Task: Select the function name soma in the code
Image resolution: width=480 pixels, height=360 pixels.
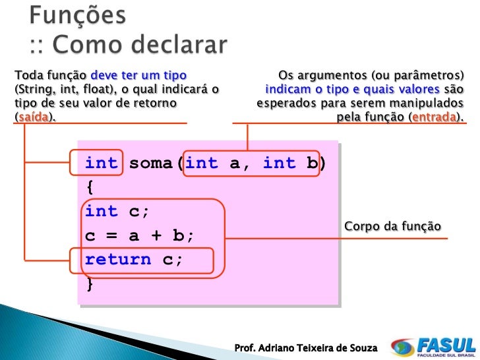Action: point(151,163)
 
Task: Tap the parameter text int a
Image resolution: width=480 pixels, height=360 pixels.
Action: point(215,163)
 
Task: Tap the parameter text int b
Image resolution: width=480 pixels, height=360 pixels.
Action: point(289,163)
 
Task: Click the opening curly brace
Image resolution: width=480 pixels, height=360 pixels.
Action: point(90,187)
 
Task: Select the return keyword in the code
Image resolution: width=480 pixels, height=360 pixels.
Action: point(118,259)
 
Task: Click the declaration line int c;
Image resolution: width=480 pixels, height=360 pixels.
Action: point(117,211)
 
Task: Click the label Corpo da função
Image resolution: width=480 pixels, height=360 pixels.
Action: point(392,227)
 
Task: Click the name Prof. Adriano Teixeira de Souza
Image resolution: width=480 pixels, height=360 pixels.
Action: point(306,347)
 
